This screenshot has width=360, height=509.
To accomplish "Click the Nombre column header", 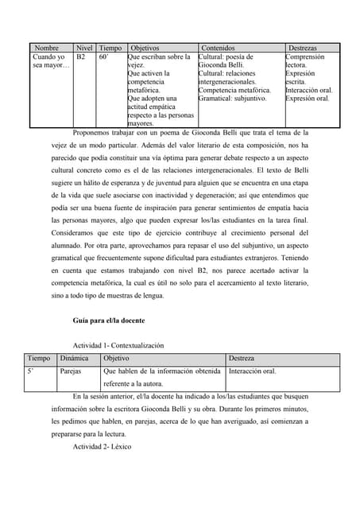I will pyautogui.click(x=47, y=49).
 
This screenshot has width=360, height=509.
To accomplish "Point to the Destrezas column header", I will pyautogui.click(x=306, y=49).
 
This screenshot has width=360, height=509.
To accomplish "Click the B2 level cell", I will pyautogui.click(x=81, y=58).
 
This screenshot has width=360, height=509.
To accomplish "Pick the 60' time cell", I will pyautogui.click(x=104, y=58).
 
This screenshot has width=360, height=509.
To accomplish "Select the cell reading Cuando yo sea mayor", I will pyautogui.click(x=50, y=62).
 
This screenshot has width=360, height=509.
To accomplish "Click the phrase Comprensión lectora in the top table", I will pyautogui.click(x=304, y=62).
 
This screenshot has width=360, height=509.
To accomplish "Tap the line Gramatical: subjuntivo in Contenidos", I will pyautogui.click(x=232, y=99).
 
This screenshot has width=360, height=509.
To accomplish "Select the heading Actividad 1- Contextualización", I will pyautogui.click(x=118, y=346).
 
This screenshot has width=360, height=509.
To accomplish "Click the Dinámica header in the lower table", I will pyautogui.click(x=74, y=359).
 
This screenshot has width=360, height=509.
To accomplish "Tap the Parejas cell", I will pyautogui.click(x=71, y=371).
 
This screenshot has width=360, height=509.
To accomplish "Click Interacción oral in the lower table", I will pyautogui.click(x=252, y=371).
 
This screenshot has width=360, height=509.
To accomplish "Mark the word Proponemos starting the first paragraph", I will pyautogui.click(x=92, y=133).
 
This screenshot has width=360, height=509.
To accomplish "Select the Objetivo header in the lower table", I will pyautogui.click(x=117, y=359).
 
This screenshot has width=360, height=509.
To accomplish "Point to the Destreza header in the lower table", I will pyautogui.click(x=242, y=359).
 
